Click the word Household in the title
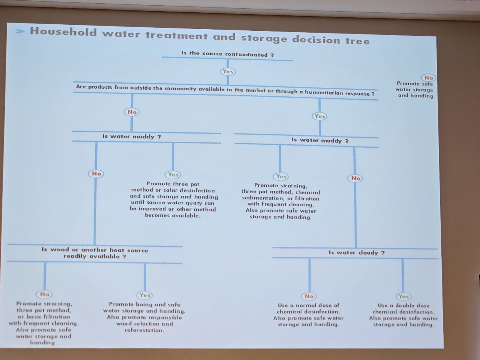63,32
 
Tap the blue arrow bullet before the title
20,31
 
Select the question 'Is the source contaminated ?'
228,54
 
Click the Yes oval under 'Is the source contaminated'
228,72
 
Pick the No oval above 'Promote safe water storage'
428,78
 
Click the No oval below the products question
132,112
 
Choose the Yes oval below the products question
319,116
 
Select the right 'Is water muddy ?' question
320,141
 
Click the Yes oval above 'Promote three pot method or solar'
173,175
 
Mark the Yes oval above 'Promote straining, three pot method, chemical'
281,176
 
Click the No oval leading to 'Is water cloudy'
355,178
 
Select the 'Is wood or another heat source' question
95,253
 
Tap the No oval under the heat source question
45,294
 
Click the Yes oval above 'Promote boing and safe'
144,295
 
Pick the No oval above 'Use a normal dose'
309,296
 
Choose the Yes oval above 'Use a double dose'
403,297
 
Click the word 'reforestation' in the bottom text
144,330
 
